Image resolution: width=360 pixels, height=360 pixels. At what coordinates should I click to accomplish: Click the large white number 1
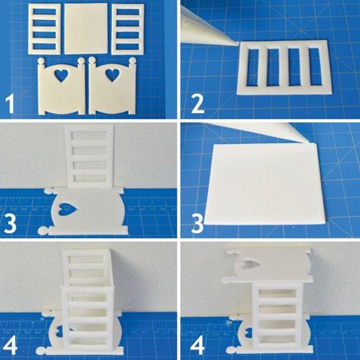(10, 104)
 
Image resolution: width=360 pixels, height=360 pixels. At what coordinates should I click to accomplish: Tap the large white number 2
(198, 104)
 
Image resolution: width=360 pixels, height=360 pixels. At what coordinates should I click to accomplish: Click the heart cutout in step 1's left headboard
(62, 75)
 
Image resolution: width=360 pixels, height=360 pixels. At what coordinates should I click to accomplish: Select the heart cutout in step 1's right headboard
(113, 75)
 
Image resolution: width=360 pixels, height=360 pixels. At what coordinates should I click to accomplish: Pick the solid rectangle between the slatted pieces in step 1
(86, 29)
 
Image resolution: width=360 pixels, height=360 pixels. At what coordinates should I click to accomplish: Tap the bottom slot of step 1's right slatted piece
(128, 47)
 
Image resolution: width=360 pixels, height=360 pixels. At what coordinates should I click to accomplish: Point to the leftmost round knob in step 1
(42, 62)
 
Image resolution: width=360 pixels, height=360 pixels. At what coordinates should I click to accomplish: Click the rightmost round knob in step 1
(132, 61)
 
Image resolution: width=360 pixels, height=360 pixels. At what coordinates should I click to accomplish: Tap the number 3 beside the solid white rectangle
(197, 223)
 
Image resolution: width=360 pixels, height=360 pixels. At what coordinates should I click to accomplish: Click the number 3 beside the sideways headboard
(10, 223)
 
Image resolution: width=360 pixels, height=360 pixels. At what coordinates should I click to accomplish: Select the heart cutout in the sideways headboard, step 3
(68, 209)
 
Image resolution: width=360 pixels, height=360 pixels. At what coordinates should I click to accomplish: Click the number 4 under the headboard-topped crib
(197, 345)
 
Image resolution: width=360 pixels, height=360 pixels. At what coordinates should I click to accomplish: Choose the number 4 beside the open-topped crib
(10, 345)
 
